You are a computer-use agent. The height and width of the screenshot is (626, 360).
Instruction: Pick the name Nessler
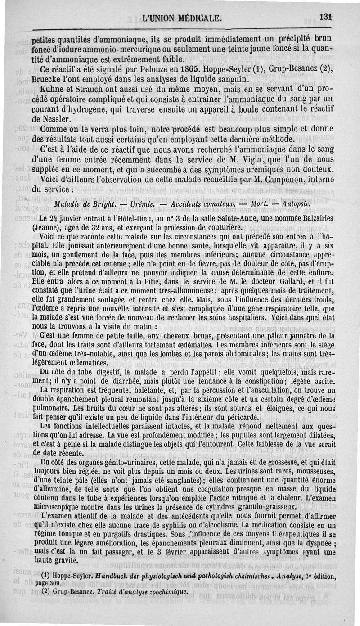tap(57, 119)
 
